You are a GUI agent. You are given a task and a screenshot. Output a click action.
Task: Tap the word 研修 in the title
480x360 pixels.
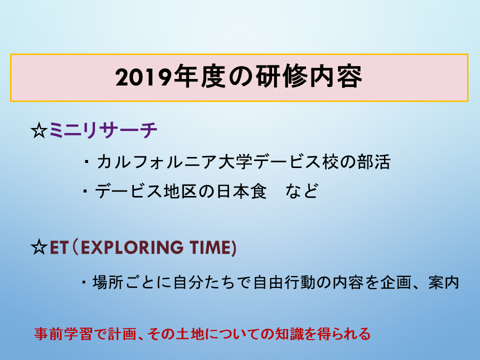[x=281, y=76]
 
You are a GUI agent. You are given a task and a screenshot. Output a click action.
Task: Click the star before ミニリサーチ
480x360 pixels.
[x=39, y=130]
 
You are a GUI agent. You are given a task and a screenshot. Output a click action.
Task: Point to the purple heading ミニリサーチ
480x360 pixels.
[x=103, y=130]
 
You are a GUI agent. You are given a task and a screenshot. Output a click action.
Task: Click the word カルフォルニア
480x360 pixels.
[x=156, y=162]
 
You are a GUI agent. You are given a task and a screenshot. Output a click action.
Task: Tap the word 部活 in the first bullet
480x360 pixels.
[x=374, y=161]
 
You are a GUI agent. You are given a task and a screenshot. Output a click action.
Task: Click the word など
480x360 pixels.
[x=302, y=191]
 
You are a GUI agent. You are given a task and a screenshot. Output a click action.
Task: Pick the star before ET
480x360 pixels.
[x=39, y=247]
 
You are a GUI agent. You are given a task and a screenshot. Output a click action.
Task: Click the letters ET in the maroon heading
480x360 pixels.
[x=58, y=247]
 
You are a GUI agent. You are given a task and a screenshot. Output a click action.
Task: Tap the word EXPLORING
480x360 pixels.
[x=132, y=247]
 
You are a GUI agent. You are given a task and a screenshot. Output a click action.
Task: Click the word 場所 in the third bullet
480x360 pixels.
[x=108, y=282]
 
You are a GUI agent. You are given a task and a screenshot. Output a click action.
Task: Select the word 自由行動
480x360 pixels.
[x=284, y=282]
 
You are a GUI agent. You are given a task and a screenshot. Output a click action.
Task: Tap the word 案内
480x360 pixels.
[x=444, y=282]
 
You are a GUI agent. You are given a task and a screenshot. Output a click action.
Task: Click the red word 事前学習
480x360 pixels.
[x=63, y=334]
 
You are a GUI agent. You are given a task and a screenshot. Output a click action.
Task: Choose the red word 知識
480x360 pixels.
[x=289, y=334]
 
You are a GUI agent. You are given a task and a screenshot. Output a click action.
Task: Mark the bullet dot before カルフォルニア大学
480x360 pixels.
[x=86, y=162]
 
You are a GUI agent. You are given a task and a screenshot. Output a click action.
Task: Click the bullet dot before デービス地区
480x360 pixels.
[x=85, y=191]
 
